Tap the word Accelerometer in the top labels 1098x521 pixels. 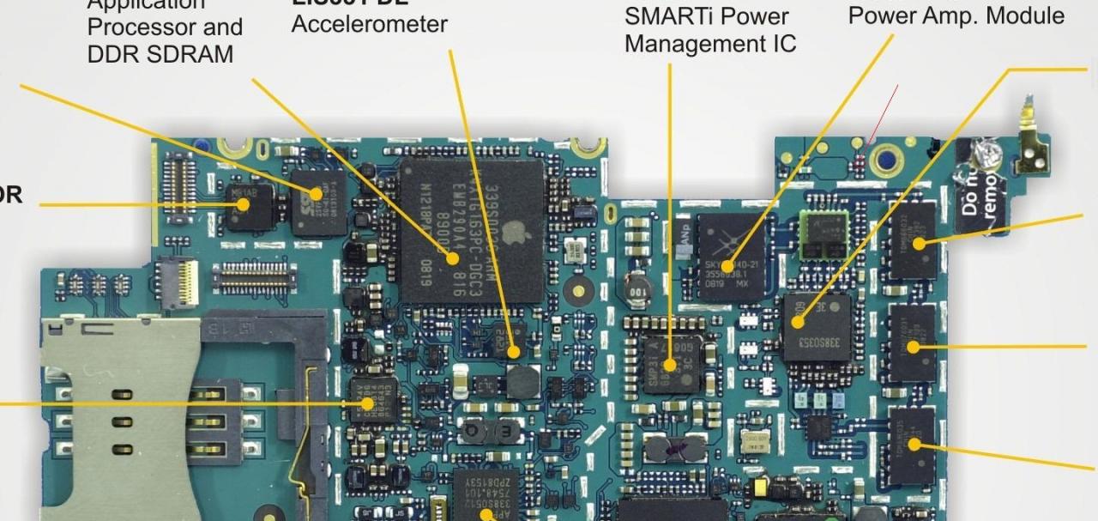coord(369,24)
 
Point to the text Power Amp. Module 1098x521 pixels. coord(956,15)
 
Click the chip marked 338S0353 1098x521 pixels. coord(816,327)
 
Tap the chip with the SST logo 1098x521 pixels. coord(318,203)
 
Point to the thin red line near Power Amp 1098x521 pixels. coord(884,112)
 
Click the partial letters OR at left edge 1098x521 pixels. coord(10,196)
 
